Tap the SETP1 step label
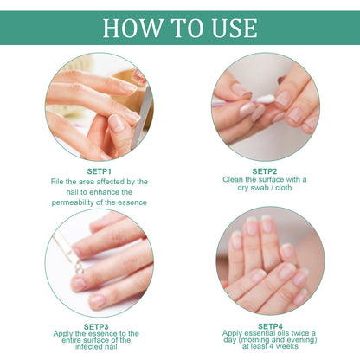[x=99, y=170]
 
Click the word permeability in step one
[x=80, y=202]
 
